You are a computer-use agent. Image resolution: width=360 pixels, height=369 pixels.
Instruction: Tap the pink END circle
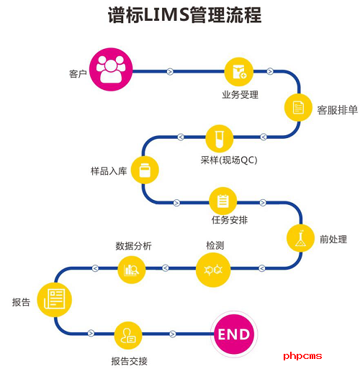pos(233,334)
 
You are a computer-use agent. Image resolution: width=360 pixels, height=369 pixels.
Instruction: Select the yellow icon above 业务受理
pos(237,71)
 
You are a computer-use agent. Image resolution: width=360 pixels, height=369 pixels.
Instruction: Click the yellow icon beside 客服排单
pos(297,108)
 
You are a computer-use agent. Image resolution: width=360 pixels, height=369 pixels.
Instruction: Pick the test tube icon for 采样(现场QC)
pos(219,136)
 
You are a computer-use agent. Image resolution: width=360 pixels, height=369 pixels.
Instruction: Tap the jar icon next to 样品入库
pos(145,170)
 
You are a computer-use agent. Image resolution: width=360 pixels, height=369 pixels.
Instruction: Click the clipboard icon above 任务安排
pos(222,200)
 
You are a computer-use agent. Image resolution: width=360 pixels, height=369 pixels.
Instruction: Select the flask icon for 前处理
pos(300,237)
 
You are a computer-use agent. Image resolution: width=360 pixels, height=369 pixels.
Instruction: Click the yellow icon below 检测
pos(214,269)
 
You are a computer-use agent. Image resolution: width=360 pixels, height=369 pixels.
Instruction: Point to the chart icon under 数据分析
pos(132,269)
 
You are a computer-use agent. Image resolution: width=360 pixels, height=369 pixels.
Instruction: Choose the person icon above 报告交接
pos(129,334)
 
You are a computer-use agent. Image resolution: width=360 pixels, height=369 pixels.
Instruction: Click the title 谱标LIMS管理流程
pos(179,16)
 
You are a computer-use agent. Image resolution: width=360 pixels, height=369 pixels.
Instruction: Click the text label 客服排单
pos(337,110)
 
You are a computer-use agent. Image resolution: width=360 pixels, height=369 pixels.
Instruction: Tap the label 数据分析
pos(133,246)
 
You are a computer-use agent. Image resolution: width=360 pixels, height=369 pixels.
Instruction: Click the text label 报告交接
pos(129,360)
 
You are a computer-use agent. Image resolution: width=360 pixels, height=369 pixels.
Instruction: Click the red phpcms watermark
pos(303,355)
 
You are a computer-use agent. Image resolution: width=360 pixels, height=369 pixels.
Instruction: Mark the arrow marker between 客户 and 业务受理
pos(170,71)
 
